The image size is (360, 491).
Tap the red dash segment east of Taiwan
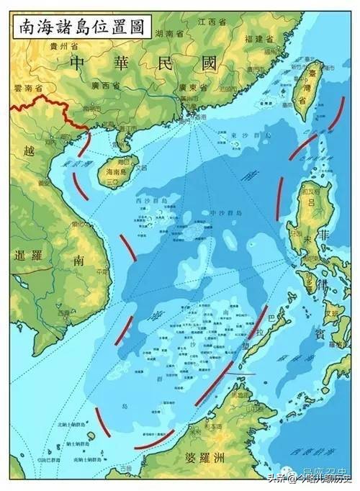pos(336,114)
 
